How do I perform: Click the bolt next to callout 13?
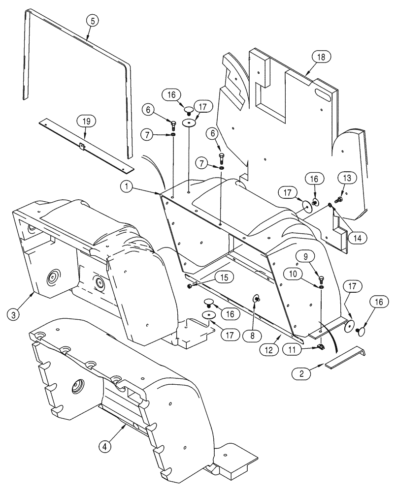(x=339, y=200)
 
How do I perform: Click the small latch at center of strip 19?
(x=82, y=146)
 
